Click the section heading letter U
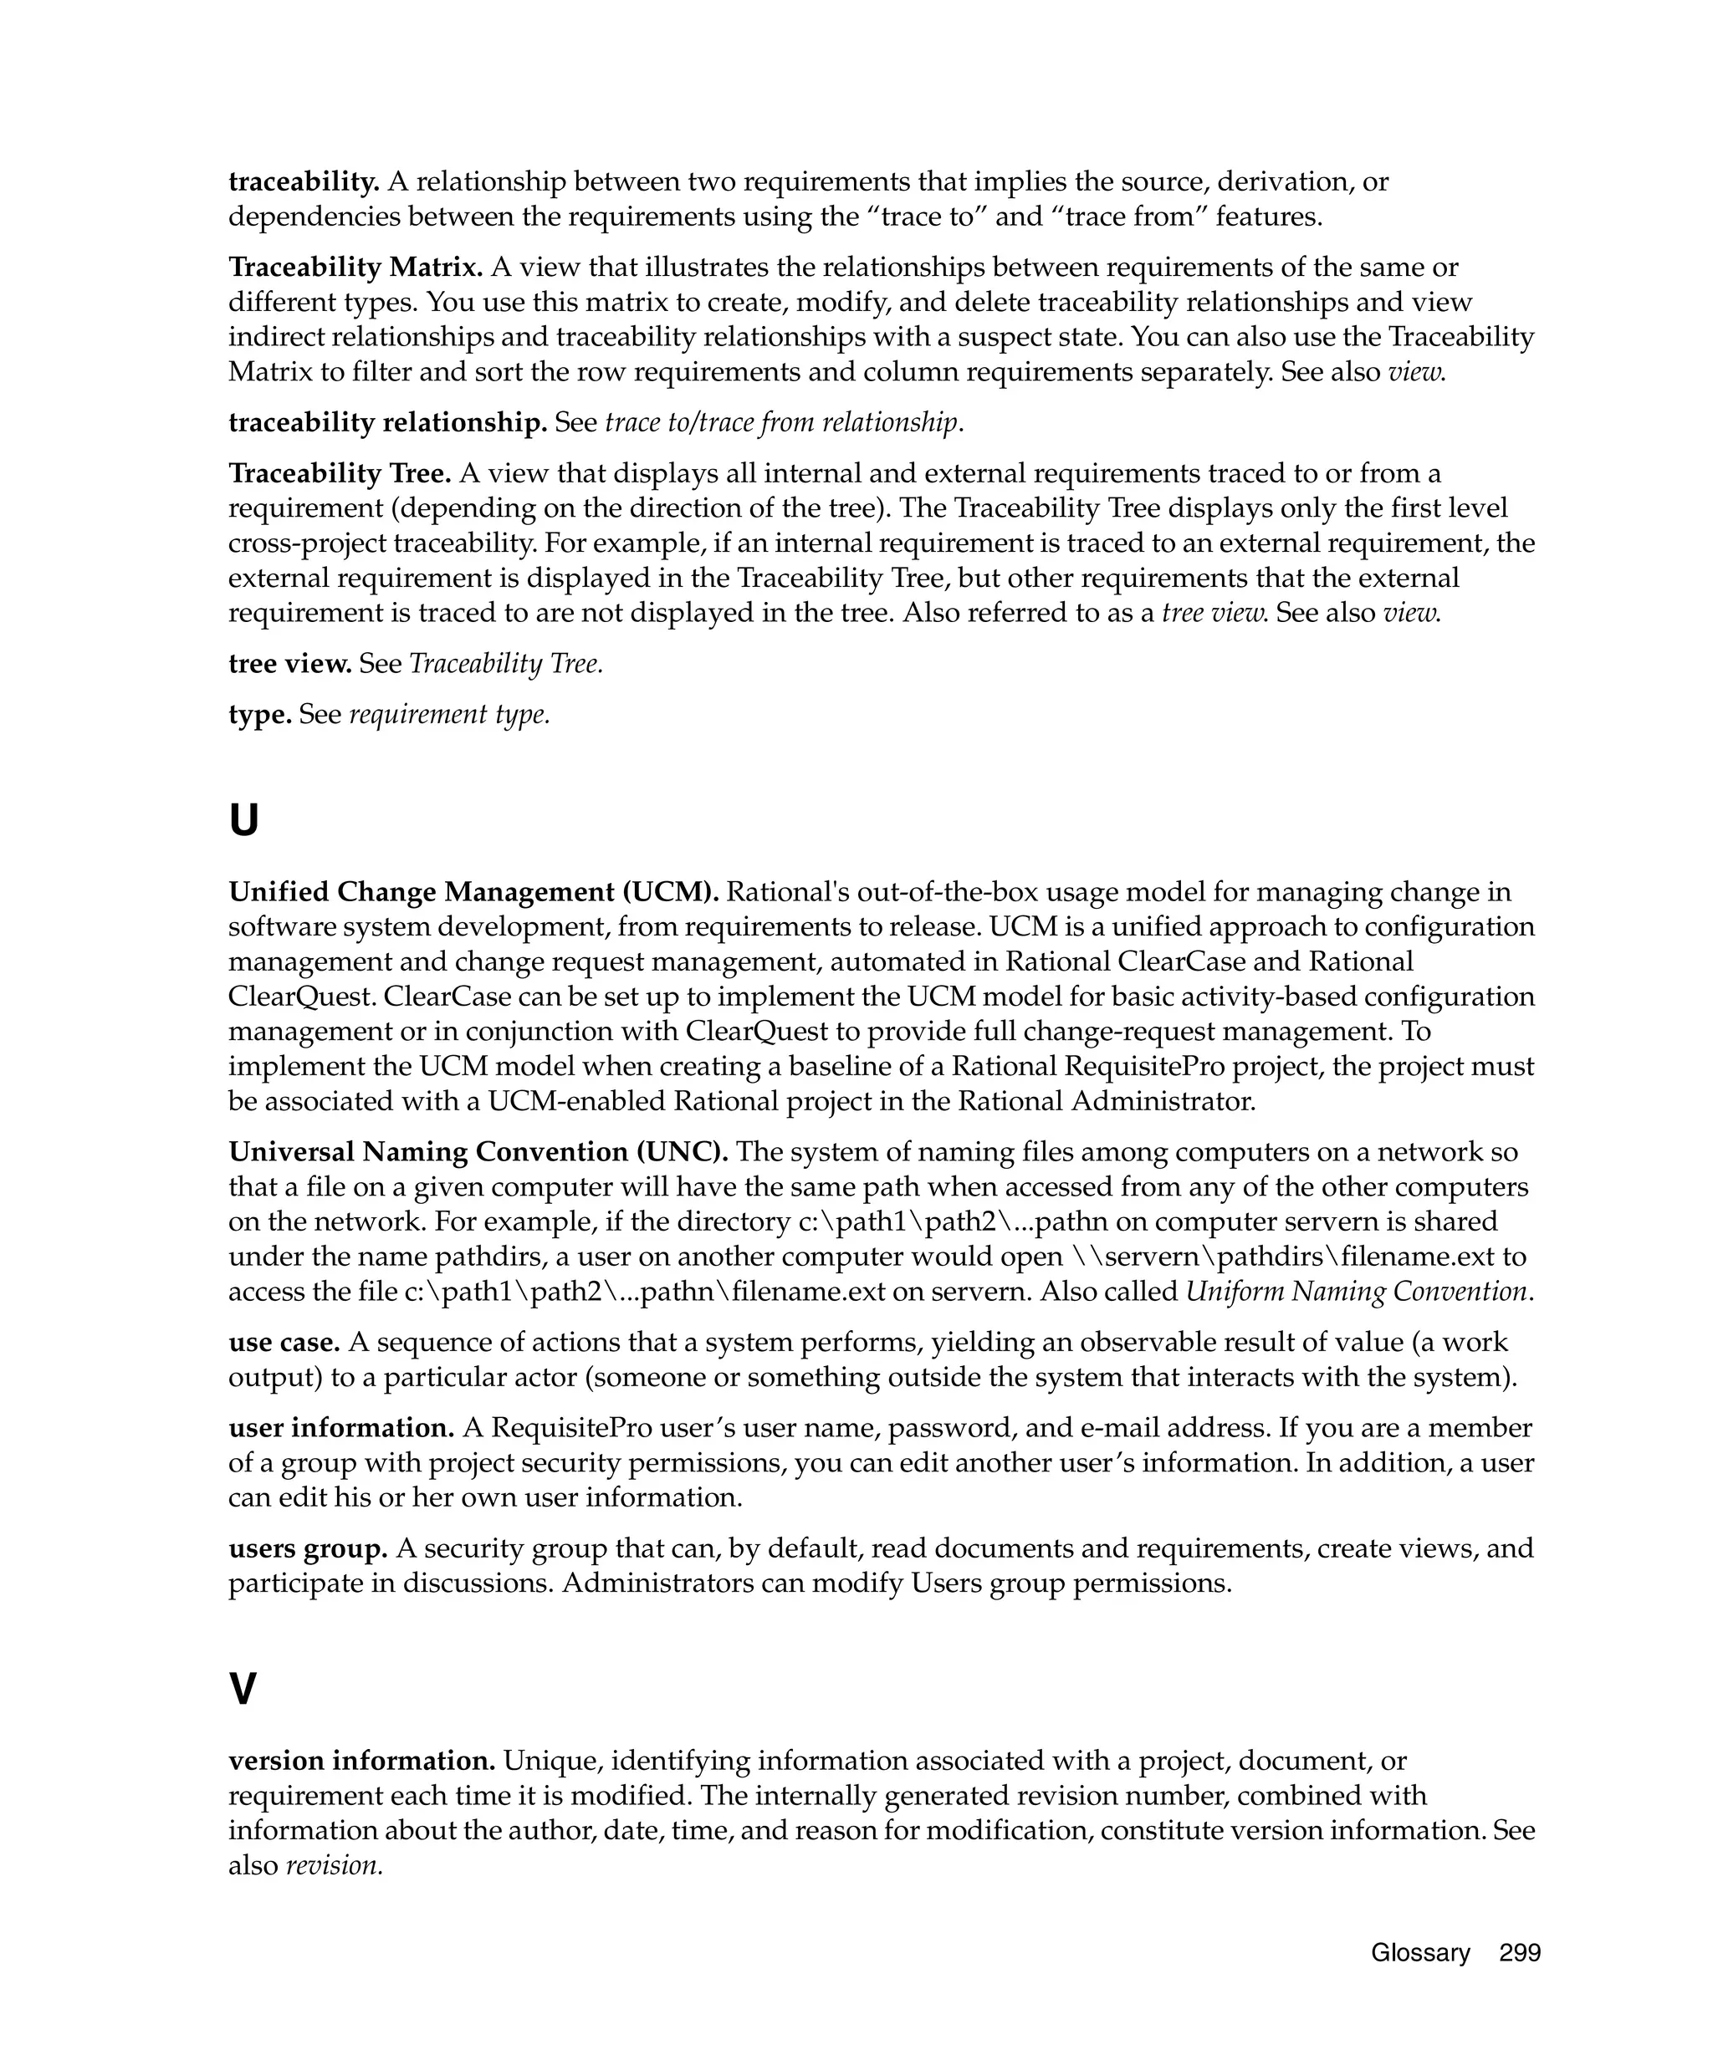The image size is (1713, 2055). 243,820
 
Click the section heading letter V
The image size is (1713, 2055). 243,1688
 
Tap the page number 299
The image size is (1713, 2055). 1519,1952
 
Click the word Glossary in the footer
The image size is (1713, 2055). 1419,1952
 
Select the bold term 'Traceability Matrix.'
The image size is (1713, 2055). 355,268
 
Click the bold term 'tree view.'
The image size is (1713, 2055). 289,664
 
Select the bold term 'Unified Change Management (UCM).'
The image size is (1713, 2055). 473,891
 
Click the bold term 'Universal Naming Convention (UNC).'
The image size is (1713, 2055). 478,1152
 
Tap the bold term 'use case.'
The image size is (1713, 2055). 284,1342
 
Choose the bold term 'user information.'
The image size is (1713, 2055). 340,1428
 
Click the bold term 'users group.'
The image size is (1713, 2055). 307,1548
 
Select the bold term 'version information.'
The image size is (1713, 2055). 361,1761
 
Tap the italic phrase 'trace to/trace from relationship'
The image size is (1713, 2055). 781,423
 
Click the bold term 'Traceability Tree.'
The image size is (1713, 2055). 339,474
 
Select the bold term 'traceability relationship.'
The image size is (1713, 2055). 386,423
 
